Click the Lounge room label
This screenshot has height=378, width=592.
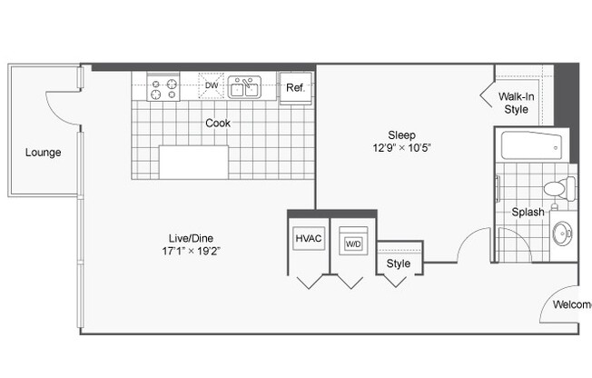[43, 153]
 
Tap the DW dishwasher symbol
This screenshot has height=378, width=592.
[212, 86]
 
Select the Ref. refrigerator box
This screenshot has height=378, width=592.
[295, 88]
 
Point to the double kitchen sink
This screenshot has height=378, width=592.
[244, 87]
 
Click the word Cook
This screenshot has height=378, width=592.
[217, 123]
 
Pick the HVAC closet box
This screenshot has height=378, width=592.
[309, 239]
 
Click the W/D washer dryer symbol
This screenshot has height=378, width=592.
[351, 244]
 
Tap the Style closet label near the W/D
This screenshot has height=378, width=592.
[399, 264]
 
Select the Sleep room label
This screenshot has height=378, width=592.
[389, 132]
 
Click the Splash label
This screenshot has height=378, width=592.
[527, 212]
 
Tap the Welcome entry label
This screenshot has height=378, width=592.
[571, 304]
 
